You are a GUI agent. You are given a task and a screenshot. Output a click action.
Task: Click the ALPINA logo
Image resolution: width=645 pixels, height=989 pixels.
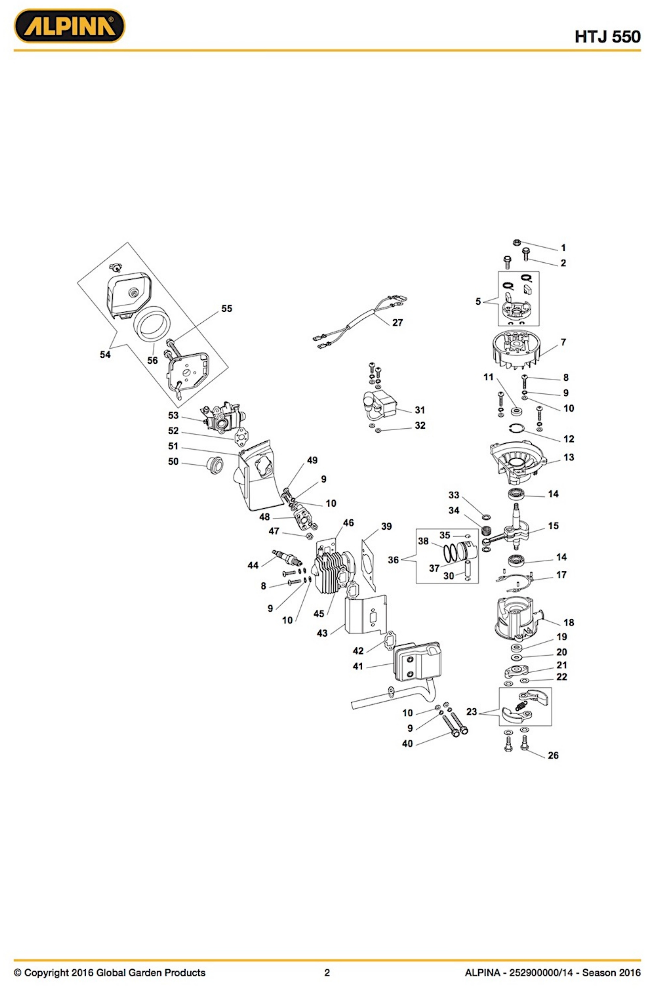coord(69,26)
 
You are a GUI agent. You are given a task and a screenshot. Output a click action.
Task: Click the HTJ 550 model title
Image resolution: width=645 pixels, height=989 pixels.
coord(607,37)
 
